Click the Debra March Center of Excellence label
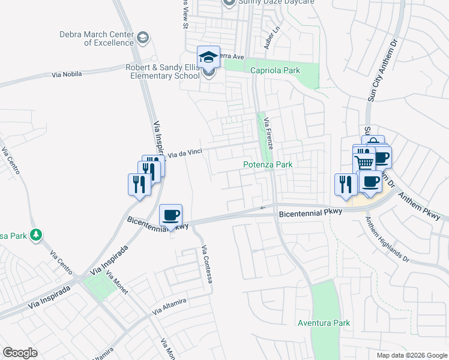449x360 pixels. [96, 38]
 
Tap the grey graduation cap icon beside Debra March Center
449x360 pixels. [142, 38]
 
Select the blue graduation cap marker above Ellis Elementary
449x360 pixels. [208, 57]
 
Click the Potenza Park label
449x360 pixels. [267, 164]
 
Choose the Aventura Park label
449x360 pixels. [324, 323]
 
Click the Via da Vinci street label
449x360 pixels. [185, 154]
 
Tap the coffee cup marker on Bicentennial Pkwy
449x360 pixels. [171, 215]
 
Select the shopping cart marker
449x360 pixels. [363, 162]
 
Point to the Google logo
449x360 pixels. [20, 353]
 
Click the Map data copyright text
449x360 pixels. [412, 355]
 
